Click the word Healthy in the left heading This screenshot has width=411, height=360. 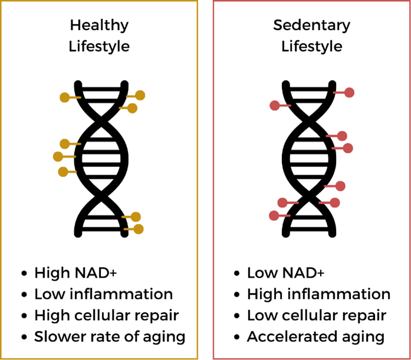click(99, 25)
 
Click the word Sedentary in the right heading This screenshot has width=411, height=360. click(312, 25)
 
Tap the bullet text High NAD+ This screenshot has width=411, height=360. click(75, 273)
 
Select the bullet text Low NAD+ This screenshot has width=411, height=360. click(286, 273)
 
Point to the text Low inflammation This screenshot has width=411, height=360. click(104, 294)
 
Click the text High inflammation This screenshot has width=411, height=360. click(319, 294)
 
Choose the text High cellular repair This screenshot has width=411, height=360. click(106, 315)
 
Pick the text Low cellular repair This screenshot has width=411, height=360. click(317, 315)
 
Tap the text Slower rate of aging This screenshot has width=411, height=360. click(110, 336)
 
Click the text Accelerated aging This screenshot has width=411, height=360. click(316, 336)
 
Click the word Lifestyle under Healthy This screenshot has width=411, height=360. click(99, 47)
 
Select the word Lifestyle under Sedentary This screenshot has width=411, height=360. click(312, 47)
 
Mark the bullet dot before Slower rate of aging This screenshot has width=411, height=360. click(24, 337)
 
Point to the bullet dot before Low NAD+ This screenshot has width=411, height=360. click(236, 273)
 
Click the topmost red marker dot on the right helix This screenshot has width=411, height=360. click(349, 93)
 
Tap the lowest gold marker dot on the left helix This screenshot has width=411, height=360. click(139, 229)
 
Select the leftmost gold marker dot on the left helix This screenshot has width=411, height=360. click(58, 156)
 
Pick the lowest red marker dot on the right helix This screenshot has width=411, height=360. click(274, 215)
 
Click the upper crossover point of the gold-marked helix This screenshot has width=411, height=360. click(101, 122)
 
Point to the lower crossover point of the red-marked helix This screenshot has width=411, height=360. click(309, 196)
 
